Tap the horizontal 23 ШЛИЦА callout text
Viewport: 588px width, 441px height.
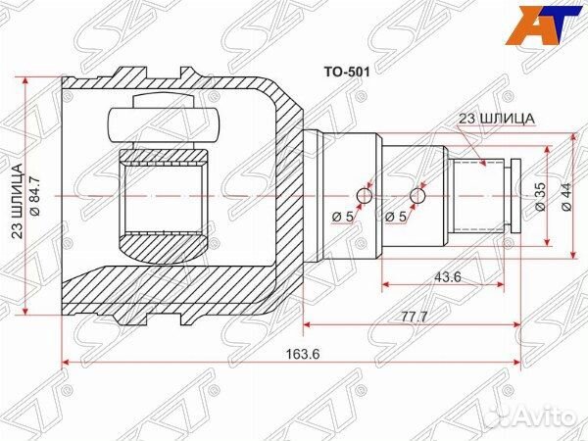497,119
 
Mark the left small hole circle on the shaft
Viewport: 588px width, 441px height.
365,197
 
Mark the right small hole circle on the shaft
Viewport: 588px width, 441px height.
418,197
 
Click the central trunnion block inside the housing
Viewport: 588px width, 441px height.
163,196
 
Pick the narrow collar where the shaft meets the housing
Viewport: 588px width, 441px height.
312,196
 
